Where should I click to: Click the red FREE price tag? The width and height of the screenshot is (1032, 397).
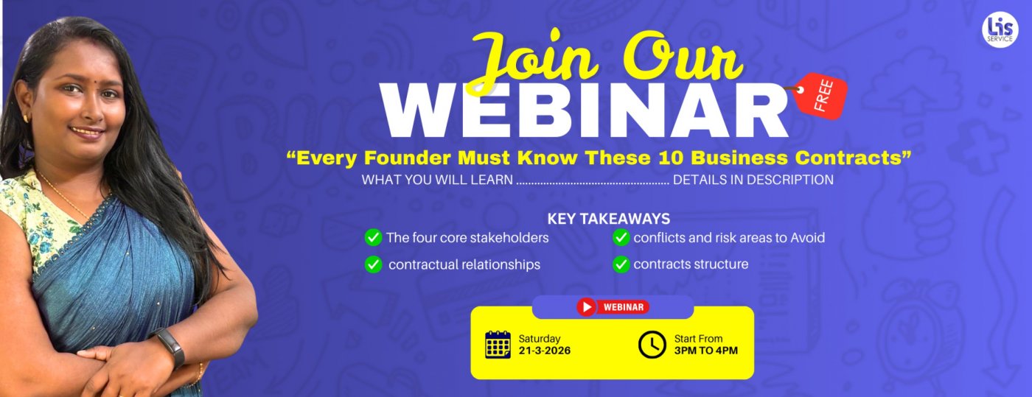821,96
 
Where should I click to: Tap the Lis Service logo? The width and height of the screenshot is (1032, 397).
1000,30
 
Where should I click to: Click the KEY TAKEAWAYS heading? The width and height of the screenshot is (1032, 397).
609,219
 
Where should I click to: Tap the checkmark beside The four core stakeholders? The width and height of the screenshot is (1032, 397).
373,238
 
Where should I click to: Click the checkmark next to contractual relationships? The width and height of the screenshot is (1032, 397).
373,264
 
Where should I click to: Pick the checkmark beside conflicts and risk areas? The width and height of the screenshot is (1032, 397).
621,238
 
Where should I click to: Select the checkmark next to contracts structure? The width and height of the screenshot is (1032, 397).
621,264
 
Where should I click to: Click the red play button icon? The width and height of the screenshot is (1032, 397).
587,307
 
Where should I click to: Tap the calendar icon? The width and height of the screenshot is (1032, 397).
498,345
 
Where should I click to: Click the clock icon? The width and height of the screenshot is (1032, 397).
652,345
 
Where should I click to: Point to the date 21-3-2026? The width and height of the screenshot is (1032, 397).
545,351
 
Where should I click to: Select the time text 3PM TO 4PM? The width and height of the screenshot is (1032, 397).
706,351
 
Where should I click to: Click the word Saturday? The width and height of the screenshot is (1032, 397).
540,339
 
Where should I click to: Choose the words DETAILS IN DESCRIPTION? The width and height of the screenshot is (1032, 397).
753,180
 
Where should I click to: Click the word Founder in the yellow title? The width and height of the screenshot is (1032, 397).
408,158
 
